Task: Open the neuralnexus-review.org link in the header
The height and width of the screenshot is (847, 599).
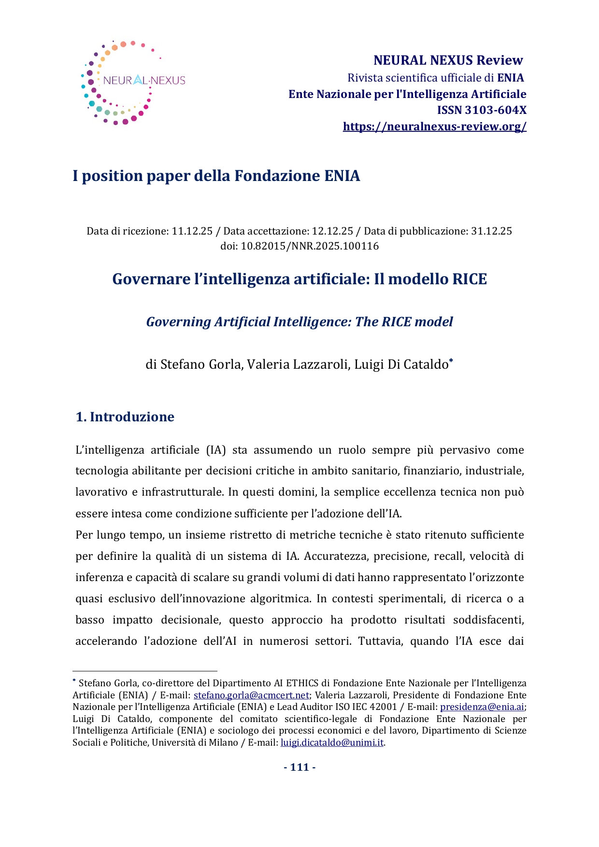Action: pos(434,126)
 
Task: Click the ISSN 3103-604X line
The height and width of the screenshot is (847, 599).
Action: pos(481,110)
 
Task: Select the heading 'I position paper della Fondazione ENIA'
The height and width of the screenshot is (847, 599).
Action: pos(216,176)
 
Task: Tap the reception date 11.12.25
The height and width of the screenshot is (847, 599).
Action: pos(192,231)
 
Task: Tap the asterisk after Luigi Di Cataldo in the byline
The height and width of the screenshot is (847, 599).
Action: pos(451,361)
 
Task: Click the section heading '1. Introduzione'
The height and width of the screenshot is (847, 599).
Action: pos(125,417)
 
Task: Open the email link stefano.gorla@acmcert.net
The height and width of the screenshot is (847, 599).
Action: pos(251,695)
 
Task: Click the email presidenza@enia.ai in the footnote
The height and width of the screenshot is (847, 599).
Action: pos(482,707)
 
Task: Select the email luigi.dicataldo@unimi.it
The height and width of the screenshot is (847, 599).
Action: pos(332,743)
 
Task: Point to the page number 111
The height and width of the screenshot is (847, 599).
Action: pos(299,767)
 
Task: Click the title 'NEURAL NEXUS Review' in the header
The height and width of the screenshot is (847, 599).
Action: pos(448,60)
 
